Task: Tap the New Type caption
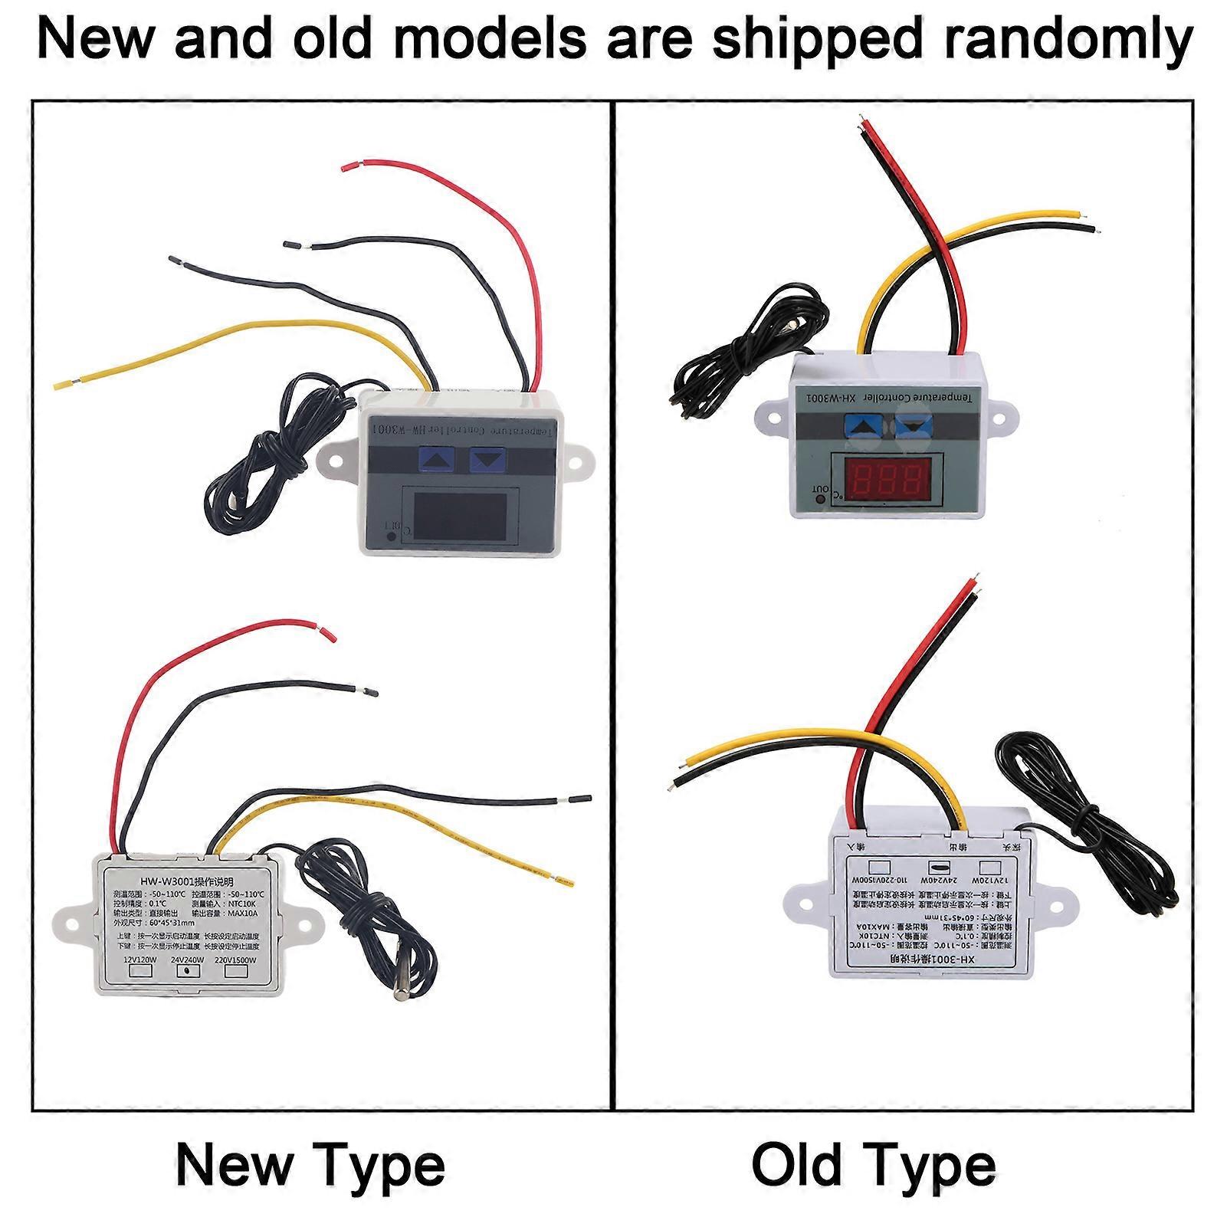310,1166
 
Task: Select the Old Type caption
874,1166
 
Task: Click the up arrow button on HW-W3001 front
437,460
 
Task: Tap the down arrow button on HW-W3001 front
488,460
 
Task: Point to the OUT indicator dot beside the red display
820,500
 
